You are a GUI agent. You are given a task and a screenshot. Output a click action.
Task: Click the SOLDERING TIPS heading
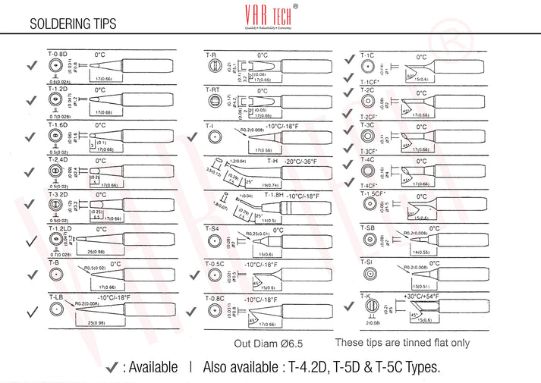(73, 24)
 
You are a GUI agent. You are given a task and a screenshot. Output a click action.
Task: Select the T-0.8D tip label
(58, 55)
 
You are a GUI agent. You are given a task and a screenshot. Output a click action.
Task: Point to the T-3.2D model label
(58, 194)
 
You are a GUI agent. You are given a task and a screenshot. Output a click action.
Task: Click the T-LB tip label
(55, 297)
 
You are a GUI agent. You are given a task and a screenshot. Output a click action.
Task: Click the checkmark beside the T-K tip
(348, 307)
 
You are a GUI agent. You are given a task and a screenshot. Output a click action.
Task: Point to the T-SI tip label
(366, 262)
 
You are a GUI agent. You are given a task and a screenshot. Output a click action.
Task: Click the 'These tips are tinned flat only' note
(402, 343)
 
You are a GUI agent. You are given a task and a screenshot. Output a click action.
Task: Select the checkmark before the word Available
(112, 367)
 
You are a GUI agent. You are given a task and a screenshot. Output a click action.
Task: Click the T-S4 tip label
(212, 228)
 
